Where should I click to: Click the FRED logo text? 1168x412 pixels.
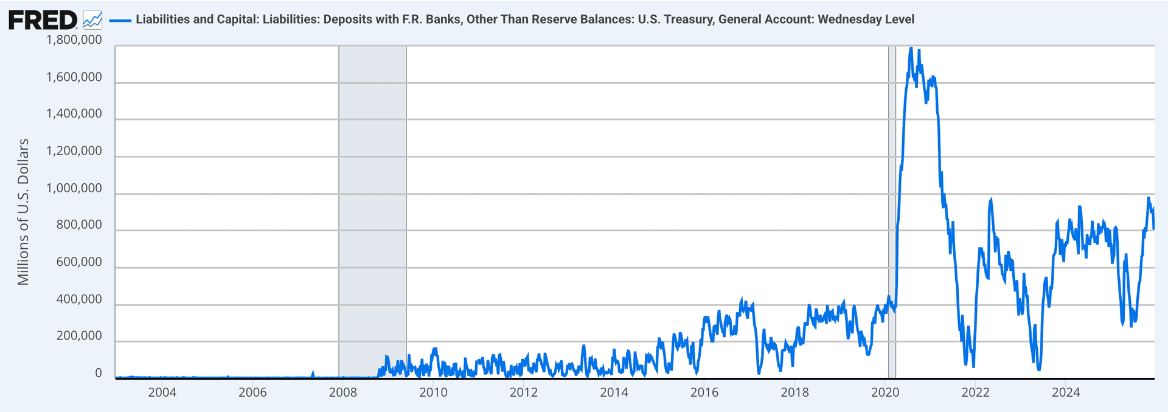click(43, 20)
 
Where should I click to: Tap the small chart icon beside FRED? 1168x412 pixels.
click(92, 20)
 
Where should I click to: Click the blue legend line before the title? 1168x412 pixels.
click(120, 20)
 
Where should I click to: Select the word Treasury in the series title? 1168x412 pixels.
click(690, 19)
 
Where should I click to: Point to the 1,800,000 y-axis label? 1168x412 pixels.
click(74, 40)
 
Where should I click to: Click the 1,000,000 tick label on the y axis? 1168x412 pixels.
click(74, 188)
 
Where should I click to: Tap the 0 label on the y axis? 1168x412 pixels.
click(99, 373)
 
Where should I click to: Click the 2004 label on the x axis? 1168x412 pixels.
click(162, 393)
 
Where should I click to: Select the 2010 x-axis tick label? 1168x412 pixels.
click(433, 393)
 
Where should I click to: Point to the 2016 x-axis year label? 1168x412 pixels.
click(704, 393)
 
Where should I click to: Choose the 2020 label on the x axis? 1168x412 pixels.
click(885, 393)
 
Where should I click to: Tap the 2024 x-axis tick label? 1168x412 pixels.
click(1066, 393)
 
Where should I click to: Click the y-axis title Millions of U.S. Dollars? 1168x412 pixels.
click(23, 212)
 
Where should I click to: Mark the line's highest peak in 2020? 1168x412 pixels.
click(911, 48)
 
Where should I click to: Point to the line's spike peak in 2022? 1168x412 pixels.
click(992, 200)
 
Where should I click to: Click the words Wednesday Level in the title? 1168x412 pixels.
click(866, 19)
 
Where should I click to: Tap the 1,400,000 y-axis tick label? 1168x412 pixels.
click(74, 114)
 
